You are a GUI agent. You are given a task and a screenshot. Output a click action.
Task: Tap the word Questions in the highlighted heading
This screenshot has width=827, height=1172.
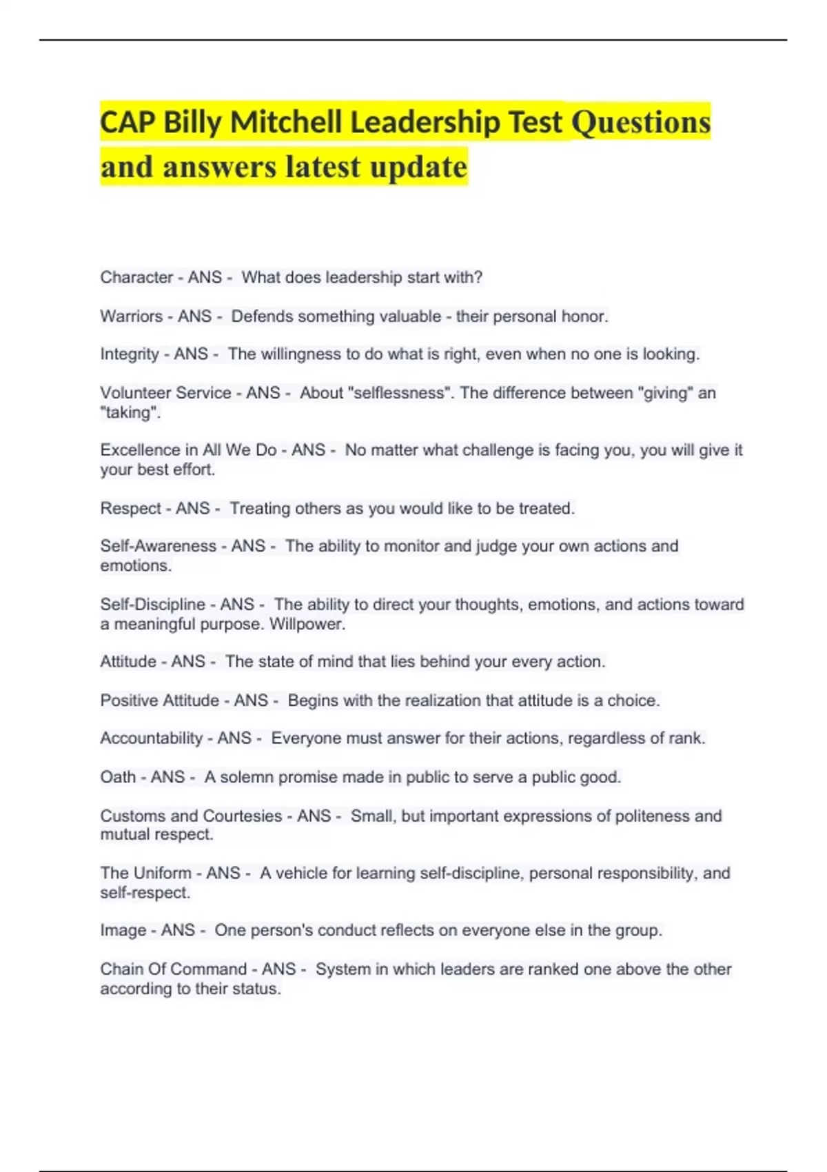(641, 123)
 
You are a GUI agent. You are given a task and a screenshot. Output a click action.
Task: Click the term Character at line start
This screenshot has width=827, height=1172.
(136, 277)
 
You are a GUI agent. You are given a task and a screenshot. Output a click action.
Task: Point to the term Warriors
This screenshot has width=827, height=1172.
(131, 316)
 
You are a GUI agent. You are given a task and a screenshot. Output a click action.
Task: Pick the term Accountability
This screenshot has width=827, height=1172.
(152, 738)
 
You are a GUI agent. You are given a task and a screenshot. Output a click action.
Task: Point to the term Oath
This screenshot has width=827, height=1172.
(118, 777)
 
